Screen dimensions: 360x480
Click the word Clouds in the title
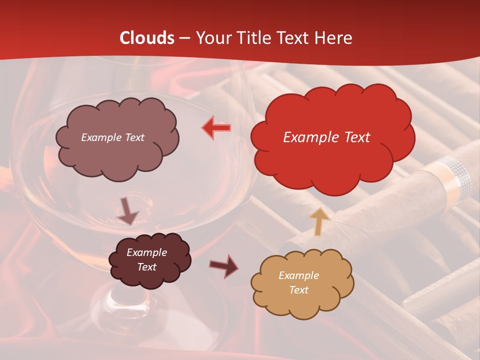tap(147, 38)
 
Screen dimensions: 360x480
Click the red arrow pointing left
tap(216, 128)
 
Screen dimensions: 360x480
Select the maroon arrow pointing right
tap(224, 266)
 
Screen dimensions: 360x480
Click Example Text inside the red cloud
tap(326, 137)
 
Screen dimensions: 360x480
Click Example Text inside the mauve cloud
tap(112, 137)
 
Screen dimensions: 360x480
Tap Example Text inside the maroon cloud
tap(146, 260)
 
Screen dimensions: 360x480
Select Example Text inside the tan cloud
tap(298, 282)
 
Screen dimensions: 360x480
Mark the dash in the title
tap(184, 38)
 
